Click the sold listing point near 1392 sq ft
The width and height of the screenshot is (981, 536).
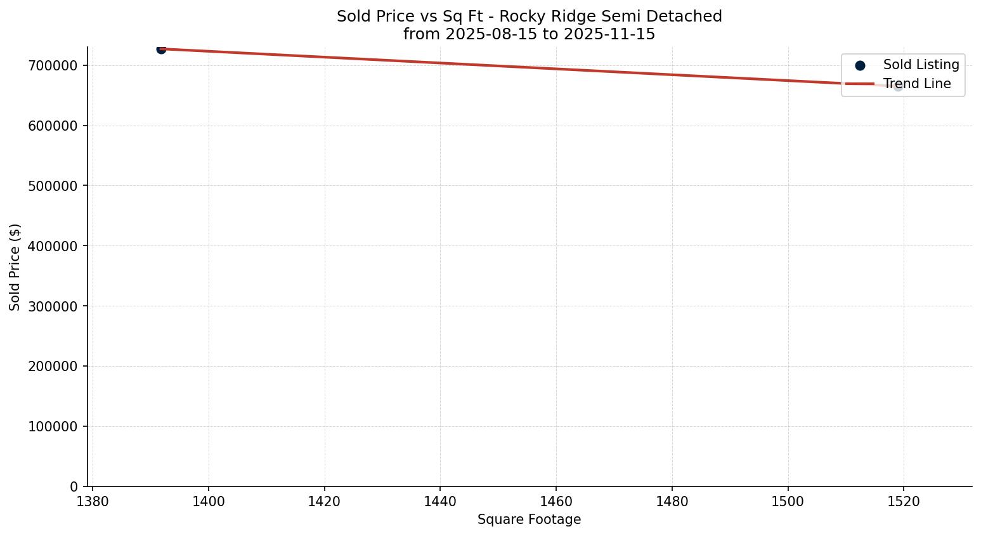click(x=161, y=49)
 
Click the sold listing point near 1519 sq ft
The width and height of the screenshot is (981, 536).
click(x=898, y=86)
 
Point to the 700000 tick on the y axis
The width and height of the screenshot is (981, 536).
click(x=53, y=65)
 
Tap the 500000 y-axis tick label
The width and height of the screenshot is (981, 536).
click(x=53, y=186)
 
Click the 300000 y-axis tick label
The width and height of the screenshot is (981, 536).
click(x=53, y=306)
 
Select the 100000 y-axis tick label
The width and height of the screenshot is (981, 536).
click(x=53, y=427)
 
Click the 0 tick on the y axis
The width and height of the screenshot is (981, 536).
click(x=74, y=487)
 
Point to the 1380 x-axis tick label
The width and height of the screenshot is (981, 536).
click(x=93, y=502)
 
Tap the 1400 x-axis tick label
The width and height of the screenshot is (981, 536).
click(x=209, y=502)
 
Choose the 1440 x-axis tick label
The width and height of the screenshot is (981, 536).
click(x=440, y=502)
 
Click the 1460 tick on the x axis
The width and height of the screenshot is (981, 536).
click(x=556, y=502)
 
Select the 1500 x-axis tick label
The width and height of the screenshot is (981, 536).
click(x=788, y=502)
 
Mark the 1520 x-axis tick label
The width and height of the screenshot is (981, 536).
click(x=904, y=502)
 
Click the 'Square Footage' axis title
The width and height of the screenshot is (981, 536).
click(x=529, y=520)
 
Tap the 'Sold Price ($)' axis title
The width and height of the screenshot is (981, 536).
click(x=15, y=267)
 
